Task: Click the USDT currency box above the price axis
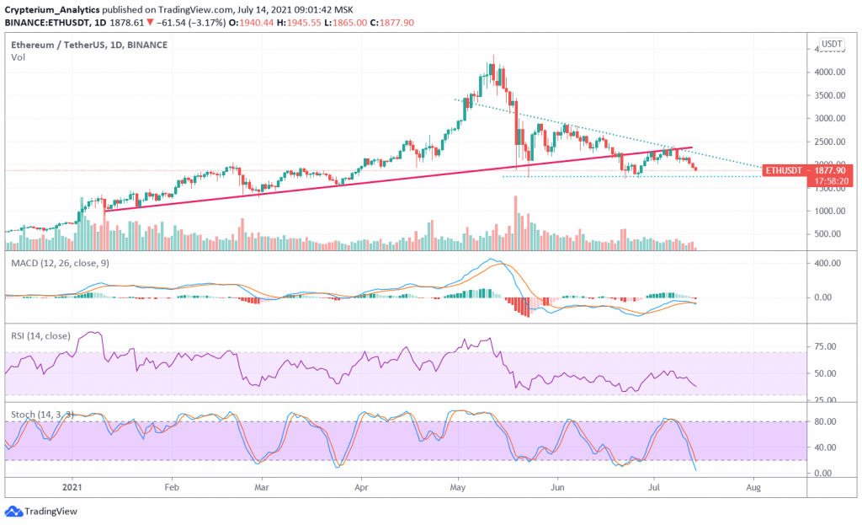(x=832, y=44)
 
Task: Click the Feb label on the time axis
(x=172, y=487)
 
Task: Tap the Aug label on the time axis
(x=754, y=487)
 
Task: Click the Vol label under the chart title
(x=17, y=57)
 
